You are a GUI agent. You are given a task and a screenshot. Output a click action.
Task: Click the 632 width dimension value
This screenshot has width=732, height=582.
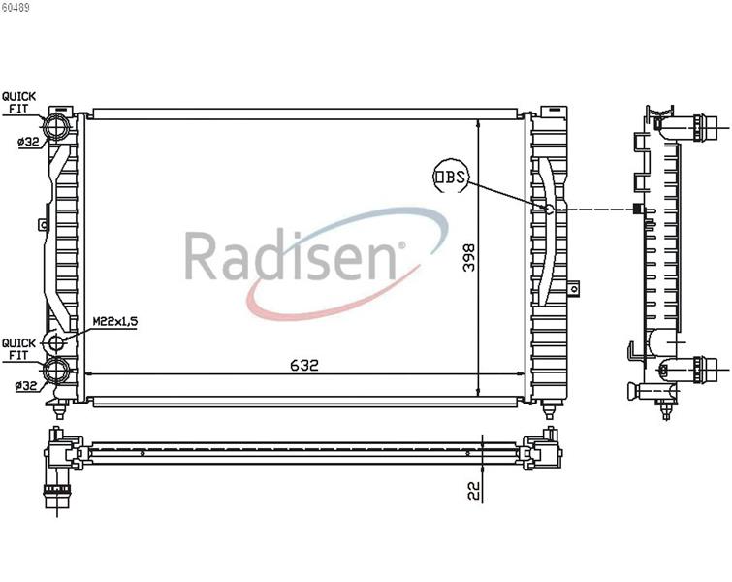click(303, 365)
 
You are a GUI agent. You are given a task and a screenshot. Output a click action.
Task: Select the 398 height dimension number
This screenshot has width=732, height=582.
click(468, 257)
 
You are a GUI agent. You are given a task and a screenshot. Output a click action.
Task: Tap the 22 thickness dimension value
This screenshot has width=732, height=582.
click(474, 491)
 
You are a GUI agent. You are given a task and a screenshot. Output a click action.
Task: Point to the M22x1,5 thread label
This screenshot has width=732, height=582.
click(114, 321)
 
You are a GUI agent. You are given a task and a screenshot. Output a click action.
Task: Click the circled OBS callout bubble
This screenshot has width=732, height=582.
click(450, 177)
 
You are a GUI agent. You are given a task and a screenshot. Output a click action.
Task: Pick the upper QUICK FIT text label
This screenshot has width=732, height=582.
click(18, 103)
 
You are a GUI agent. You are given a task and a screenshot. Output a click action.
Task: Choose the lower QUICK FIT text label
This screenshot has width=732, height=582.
click(18, 349)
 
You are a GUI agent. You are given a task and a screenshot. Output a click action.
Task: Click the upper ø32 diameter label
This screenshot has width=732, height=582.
click(28, 141)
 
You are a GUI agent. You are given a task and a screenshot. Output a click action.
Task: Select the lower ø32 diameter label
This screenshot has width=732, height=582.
click(26, 386)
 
